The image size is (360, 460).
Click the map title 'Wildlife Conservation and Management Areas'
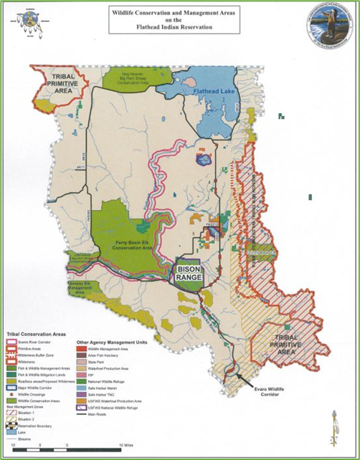pos(180,13)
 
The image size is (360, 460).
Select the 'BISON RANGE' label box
pos(189,272)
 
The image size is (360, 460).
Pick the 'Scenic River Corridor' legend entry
pos(39,342)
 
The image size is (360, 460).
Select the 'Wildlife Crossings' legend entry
pos(37,393)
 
